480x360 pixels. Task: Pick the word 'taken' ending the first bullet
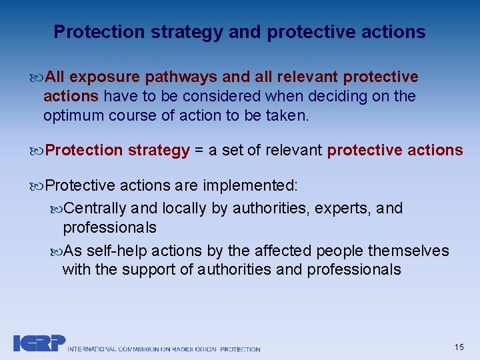(x=288, y=115)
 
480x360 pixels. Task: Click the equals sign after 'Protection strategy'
(x=199, y=150)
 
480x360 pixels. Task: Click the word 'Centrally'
(x=97, y=209)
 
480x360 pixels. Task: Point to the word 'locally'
(x=185, y=209)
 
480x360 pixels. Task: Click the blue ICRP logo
(x=39, y=343)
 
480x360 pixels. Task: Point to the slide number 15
(x=459, y=347)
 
